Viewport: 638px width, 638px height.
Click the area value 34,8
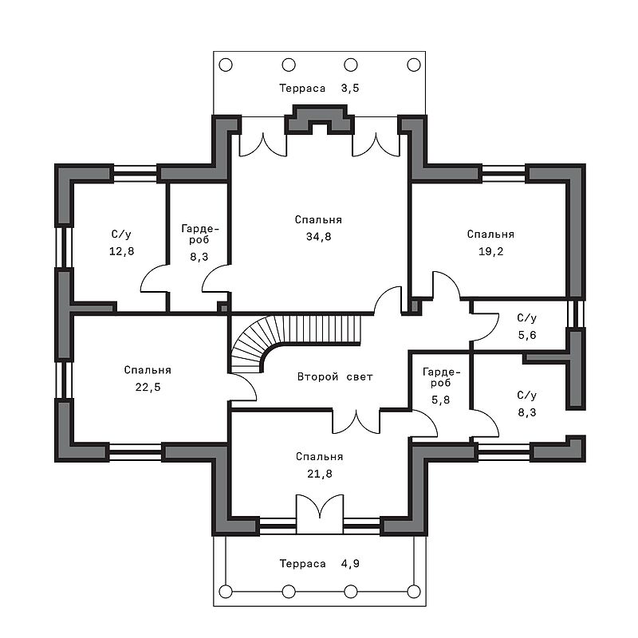tap(318, 236)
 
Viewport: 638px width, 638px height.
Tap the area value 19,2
tap(490, 251)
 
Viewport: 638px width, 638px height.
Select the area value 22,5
tap(148, 387)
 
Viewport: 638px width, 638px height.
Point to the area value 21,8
tap(320, 474)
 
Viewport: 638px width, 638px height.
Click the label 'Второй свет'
tap(335, 376)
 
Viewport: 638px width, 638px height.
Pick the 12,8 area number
tap(121, 251)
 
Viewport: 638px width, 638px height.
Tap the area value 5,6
tap(527, 335)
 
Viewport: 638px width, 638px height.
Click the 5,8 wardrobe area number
tap(441, 400)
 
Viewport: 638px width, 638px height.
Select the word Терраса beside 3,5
tap(302, 89)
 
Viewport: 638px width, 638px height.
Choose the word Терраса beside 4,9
tap(302, 564)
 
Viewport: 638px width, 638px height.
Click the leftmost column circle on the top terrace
tap(226, 65)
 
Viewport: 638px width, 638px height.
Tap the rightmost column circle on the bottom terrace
tap(414, 591)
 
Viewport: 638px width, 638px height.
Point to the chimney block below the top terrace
tap(320, 120)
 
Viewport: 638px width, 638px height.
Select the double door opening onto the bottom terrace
tap(320, 514)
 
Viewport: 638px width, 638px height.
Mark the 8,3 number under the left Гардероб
tap(199, 256)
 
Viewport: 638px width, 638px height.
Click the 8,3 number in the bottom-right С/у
tap(527, 412)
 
